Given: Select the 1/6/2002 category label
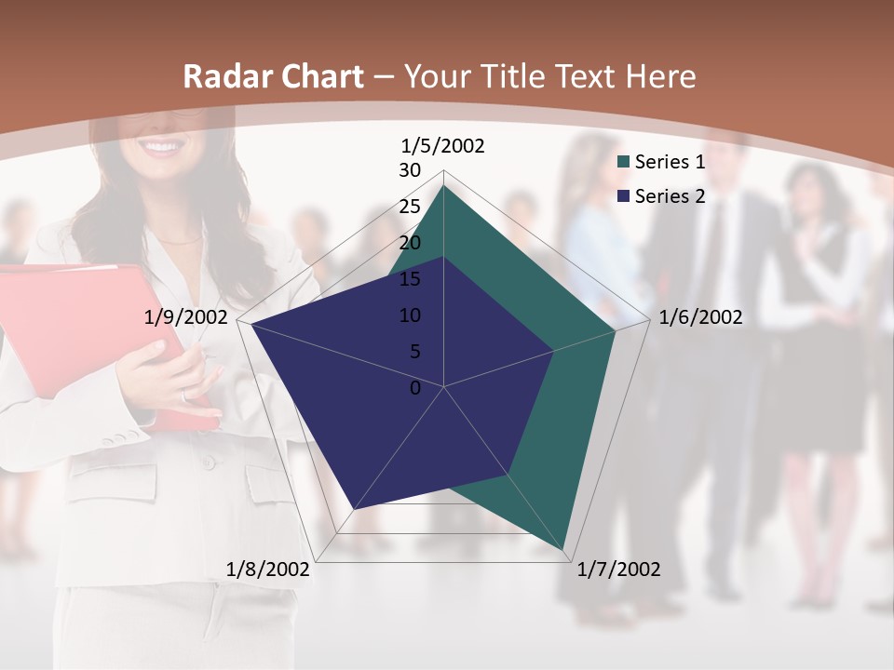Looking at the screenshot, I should click(x=700, y=317).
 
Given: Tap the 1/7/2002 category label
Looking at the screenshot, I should click(x=618, y=569).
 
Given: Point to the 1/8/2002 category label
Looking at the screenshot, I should click(x=268, y=569).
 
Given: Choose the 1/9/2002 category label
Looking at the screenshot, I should click(x=185, y=317).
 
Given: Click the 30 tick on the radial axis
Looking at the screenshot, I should click(x=410, y=170).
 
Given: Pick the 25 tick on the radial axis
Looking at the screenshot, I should click(x=410, y=207).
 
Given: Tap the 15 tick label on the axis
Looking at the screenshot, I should click(x=410, y=279).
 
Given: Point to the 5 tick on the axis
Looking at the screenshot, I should click(x=414, y=352).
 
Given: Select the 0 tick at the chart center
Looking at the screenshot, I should click(x=415, y=388).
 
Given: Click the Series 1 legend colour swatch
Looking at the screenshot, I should click(x=624, y=163).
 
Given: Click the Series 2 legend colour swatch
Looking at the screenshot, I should click(x=624, y=196).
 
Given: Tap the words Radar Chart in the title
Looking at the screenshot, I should click(x=273, y=77).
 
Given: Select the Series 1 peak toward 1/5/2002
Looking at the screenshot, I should click(x=444, y=186).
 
